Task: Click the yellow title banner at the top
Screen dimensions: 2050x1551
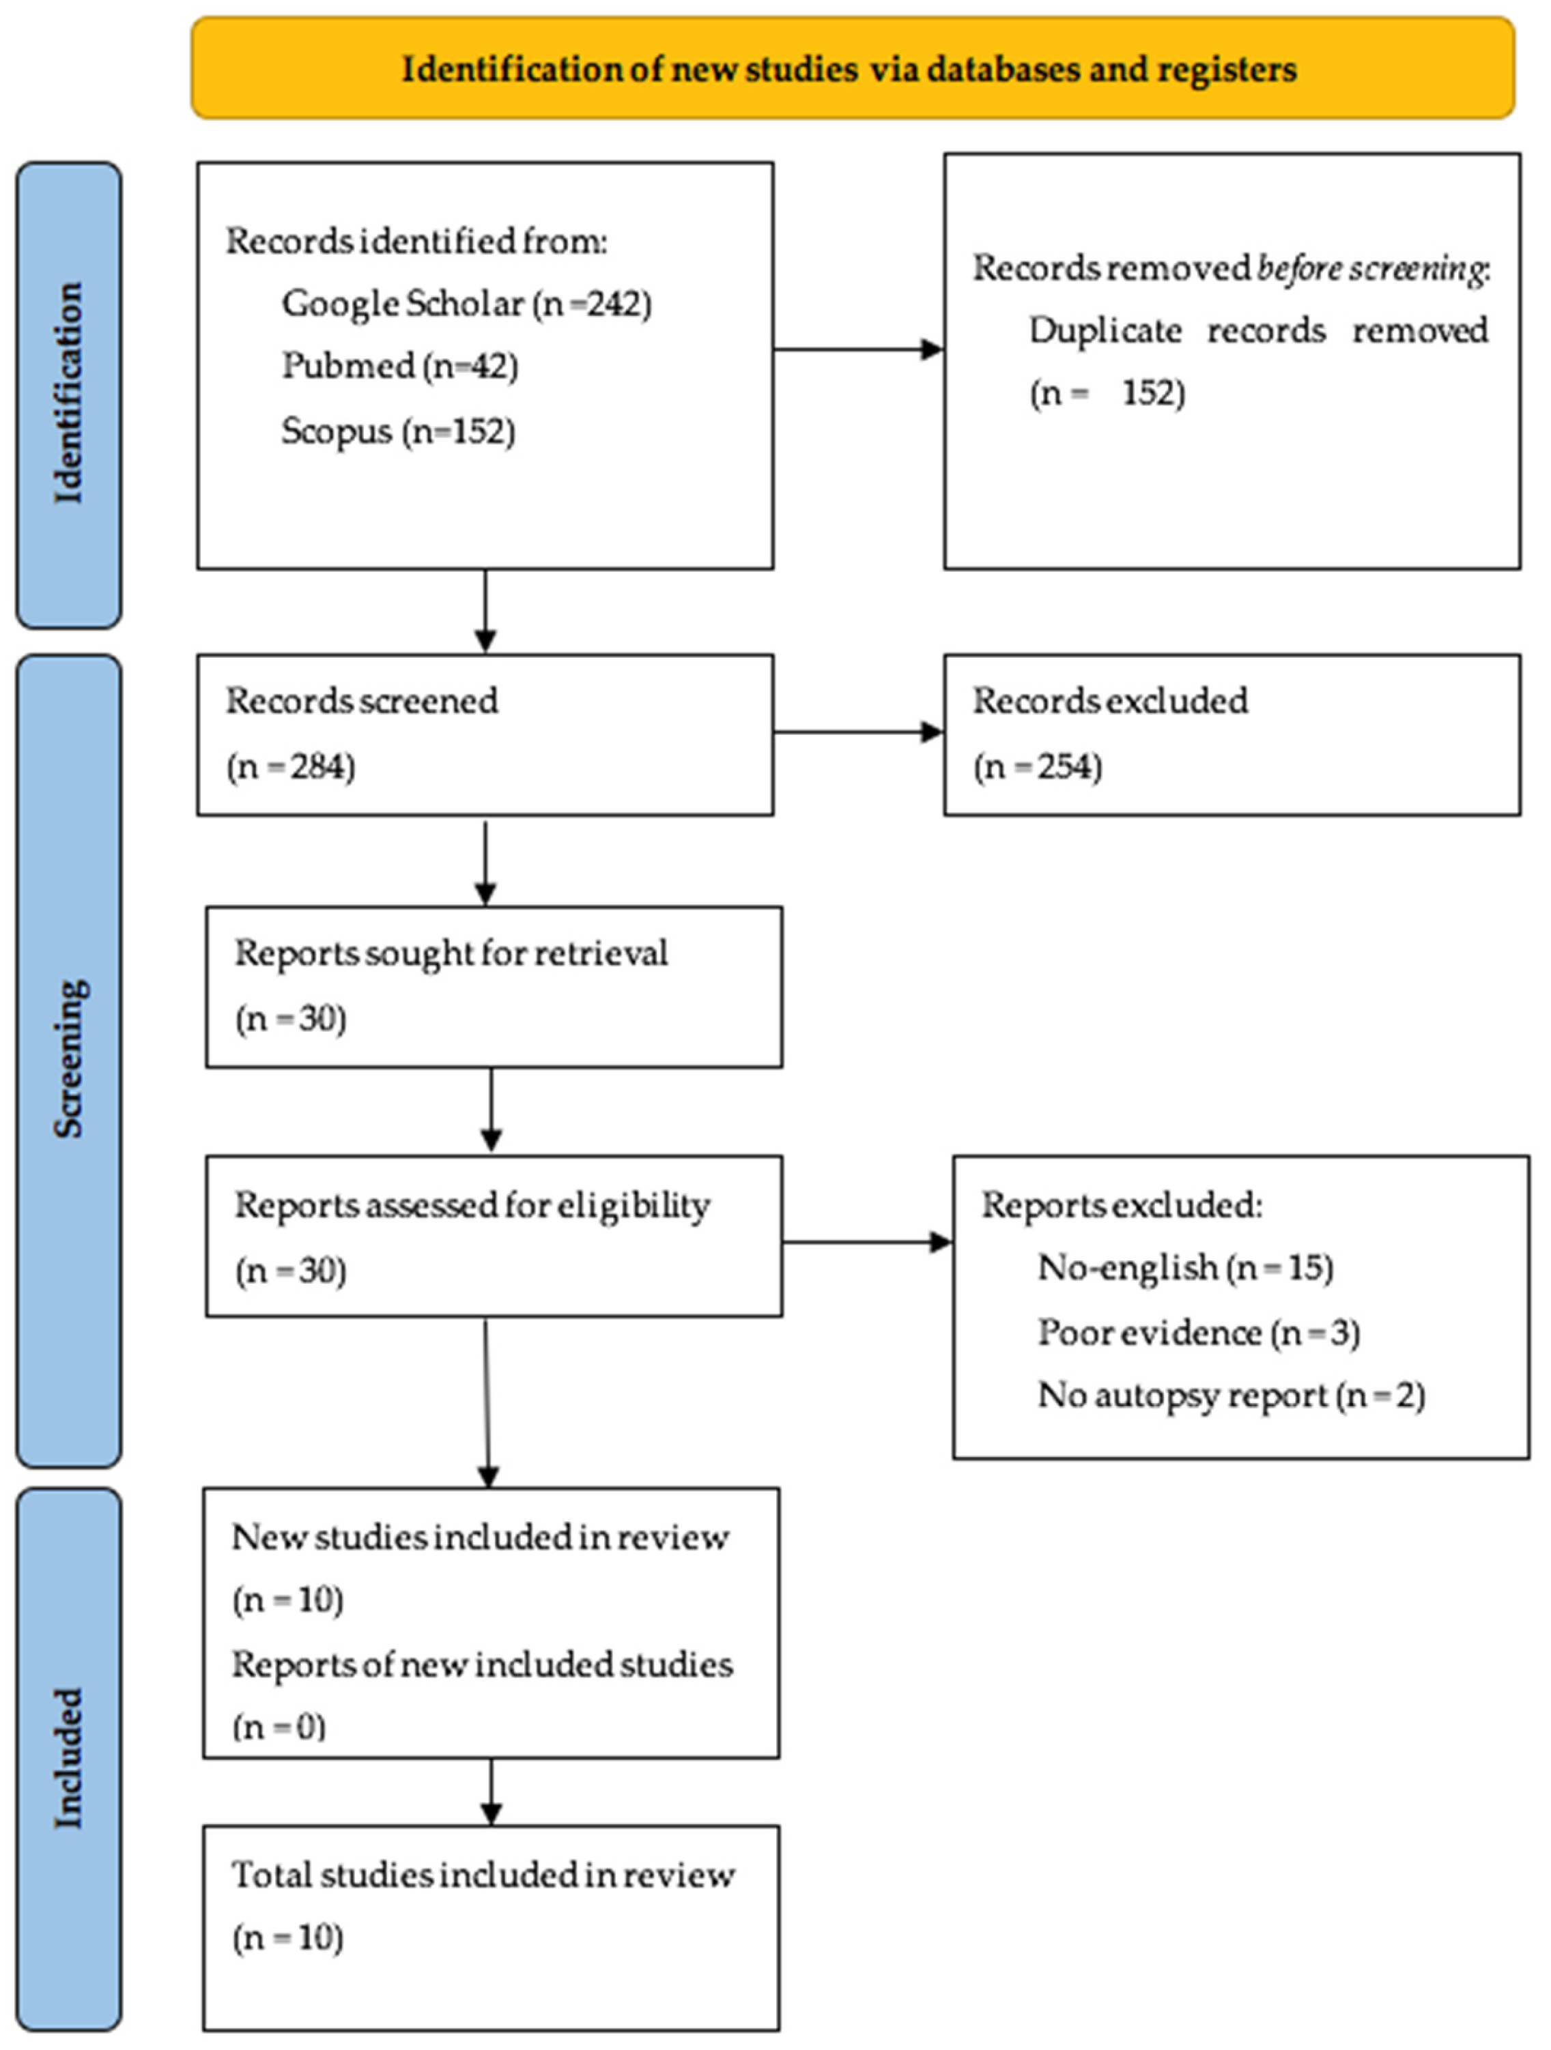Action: (852, 68)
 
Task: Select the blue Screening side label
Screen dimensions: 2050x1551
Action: (68, 1059)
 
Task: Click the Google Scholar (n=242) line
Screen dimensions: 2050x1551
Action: (466, 304)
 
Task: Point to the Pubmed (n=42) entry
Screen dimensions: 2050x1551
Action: (399, 366)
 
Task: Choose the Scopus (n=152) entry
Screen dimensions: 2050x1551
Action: (398, 431)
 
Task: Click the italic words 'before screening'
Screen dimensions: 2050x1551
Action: (1371, 269)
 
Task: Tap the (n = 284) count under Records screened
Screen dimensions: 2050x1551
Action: (290, 767)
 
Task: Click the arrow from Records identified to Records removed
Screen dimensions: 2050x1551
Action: (857, 349)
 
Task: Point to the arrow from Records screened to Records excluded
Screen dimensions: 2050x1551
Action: (857, 732)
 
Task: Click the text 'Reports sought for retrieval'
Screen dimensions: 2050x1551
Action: (451, 953)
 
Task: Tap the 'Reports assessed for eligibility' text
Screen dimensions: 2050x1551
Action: (472, 1206)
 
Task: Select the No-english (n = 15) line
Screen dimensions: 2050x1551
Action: (1185, 1267)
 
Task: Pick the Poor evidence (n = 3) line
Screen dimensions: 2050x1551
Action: (1198, 1333)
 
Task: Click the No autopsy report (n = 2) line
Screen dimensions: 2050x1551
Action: (1230, 1396)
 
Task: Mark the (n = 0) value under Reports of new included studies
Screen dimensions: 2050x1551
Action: (278, 1727)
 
